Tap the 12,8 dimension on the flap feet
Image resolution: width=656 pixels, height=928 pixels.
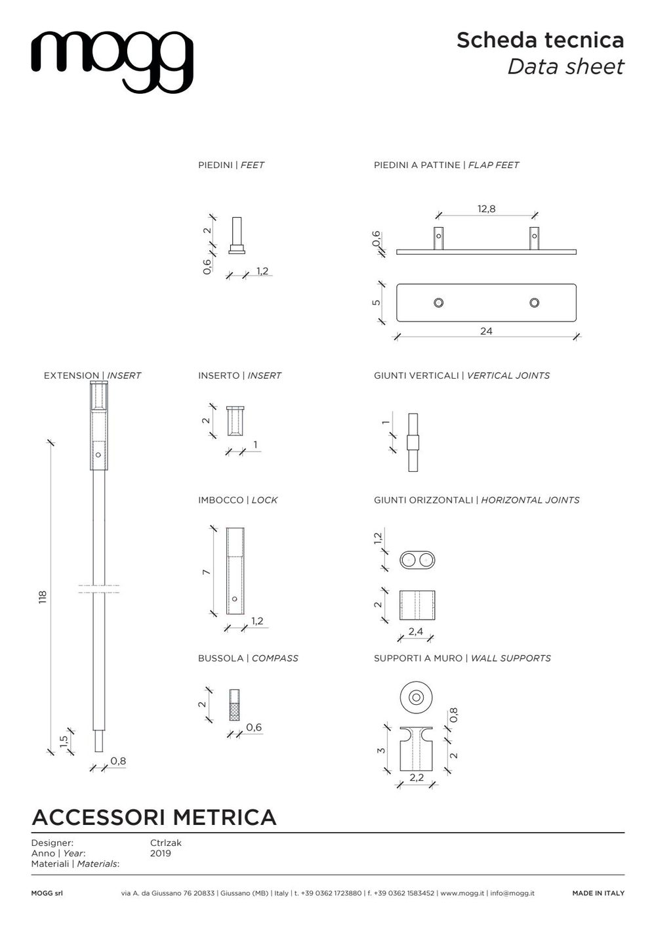click(x=486, y=209)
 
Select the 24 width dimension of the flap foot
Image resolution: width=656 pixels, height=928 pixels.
click(x=485, y=331)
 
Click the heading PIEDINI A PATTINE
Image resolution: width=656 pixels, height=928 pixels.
click(x=417, y=165)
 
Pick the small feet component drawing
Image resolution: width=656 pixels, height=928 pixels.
click(x=237, y=236)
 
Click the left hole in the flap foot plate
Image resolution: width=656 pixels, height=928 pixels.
click(x=438, y=303)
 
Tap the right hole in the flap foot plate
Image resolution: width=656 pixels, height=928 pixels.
click(x=534, y=303)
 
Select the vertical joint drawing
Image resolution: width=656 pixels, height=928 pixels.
click(x=413, y=442)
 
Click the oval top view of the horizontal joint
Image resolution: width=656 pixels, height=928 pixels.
click(x=417, y=560)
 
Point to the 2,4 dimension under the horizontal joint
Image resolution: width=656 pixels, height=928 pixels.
click(x=416, y=632)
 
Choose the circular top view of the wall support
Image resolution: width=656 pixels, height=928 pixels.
click(x=416, y=698)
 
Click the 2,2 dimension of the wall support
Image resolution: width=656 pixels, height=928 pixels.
click(x=416, y=778)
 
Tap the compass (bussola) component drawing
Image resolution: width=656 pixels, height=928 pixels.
click(x=234, y=704)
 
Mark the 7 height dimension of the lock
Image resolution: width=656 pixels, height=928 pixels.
click(x=206, y=572)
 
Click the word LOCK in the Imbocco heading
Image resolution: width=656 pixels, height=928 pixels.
click(x=264, y=500)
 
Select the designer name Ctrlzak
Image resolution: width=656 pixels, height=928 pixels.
click(x=165, y=843)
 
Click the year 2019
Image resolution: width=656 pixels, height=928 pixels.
click(x=160, y=853)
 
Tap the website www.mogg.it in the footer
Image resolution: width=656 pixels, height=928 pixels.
click(x=462, y=893)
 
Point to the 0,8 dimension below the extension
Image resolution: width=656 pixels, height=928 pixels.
click(x=118, y=761)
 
